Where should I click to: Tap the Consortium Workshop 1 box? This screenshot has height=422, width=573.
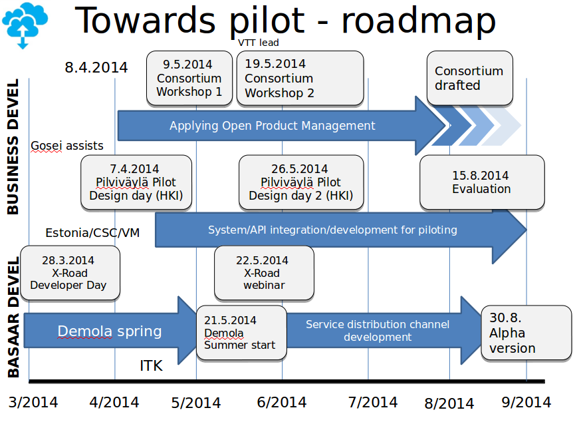(189, 78)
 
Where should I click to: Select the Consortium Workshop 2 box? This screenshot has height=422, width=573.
(299, 79)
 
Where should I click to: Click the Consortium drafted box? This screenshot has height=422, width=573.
(470, 78)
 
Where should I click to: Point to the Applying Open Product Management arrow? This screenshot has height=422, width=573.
(273, 126)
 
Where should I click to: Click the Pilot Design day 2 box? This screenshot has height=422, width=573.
(300, 182)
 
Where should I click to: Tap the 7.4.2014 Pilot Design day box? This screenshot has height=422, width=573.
(136, 182)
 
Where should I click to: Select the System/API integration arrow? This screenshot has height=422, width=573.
(332, 230)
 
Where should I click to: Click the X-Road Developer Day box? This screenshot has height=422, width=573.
(70, 273)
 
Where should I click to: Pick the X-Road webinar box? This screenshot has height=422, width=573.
(264, 273)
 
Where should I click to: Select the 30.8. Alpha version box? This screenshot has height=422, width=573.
(526, 333)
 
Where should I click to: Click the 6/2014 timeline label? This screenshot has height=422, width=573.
(281, 402)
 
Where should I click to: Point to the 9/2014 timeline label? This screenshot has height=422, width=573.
(526, 402)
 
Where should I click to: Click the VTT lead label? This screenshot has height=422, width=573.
(259, 43)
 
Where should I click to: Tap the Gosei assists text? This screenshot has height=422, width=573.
(67, 145)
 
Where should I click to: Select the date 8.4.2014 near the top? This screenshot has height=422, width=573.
(96, 67)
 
